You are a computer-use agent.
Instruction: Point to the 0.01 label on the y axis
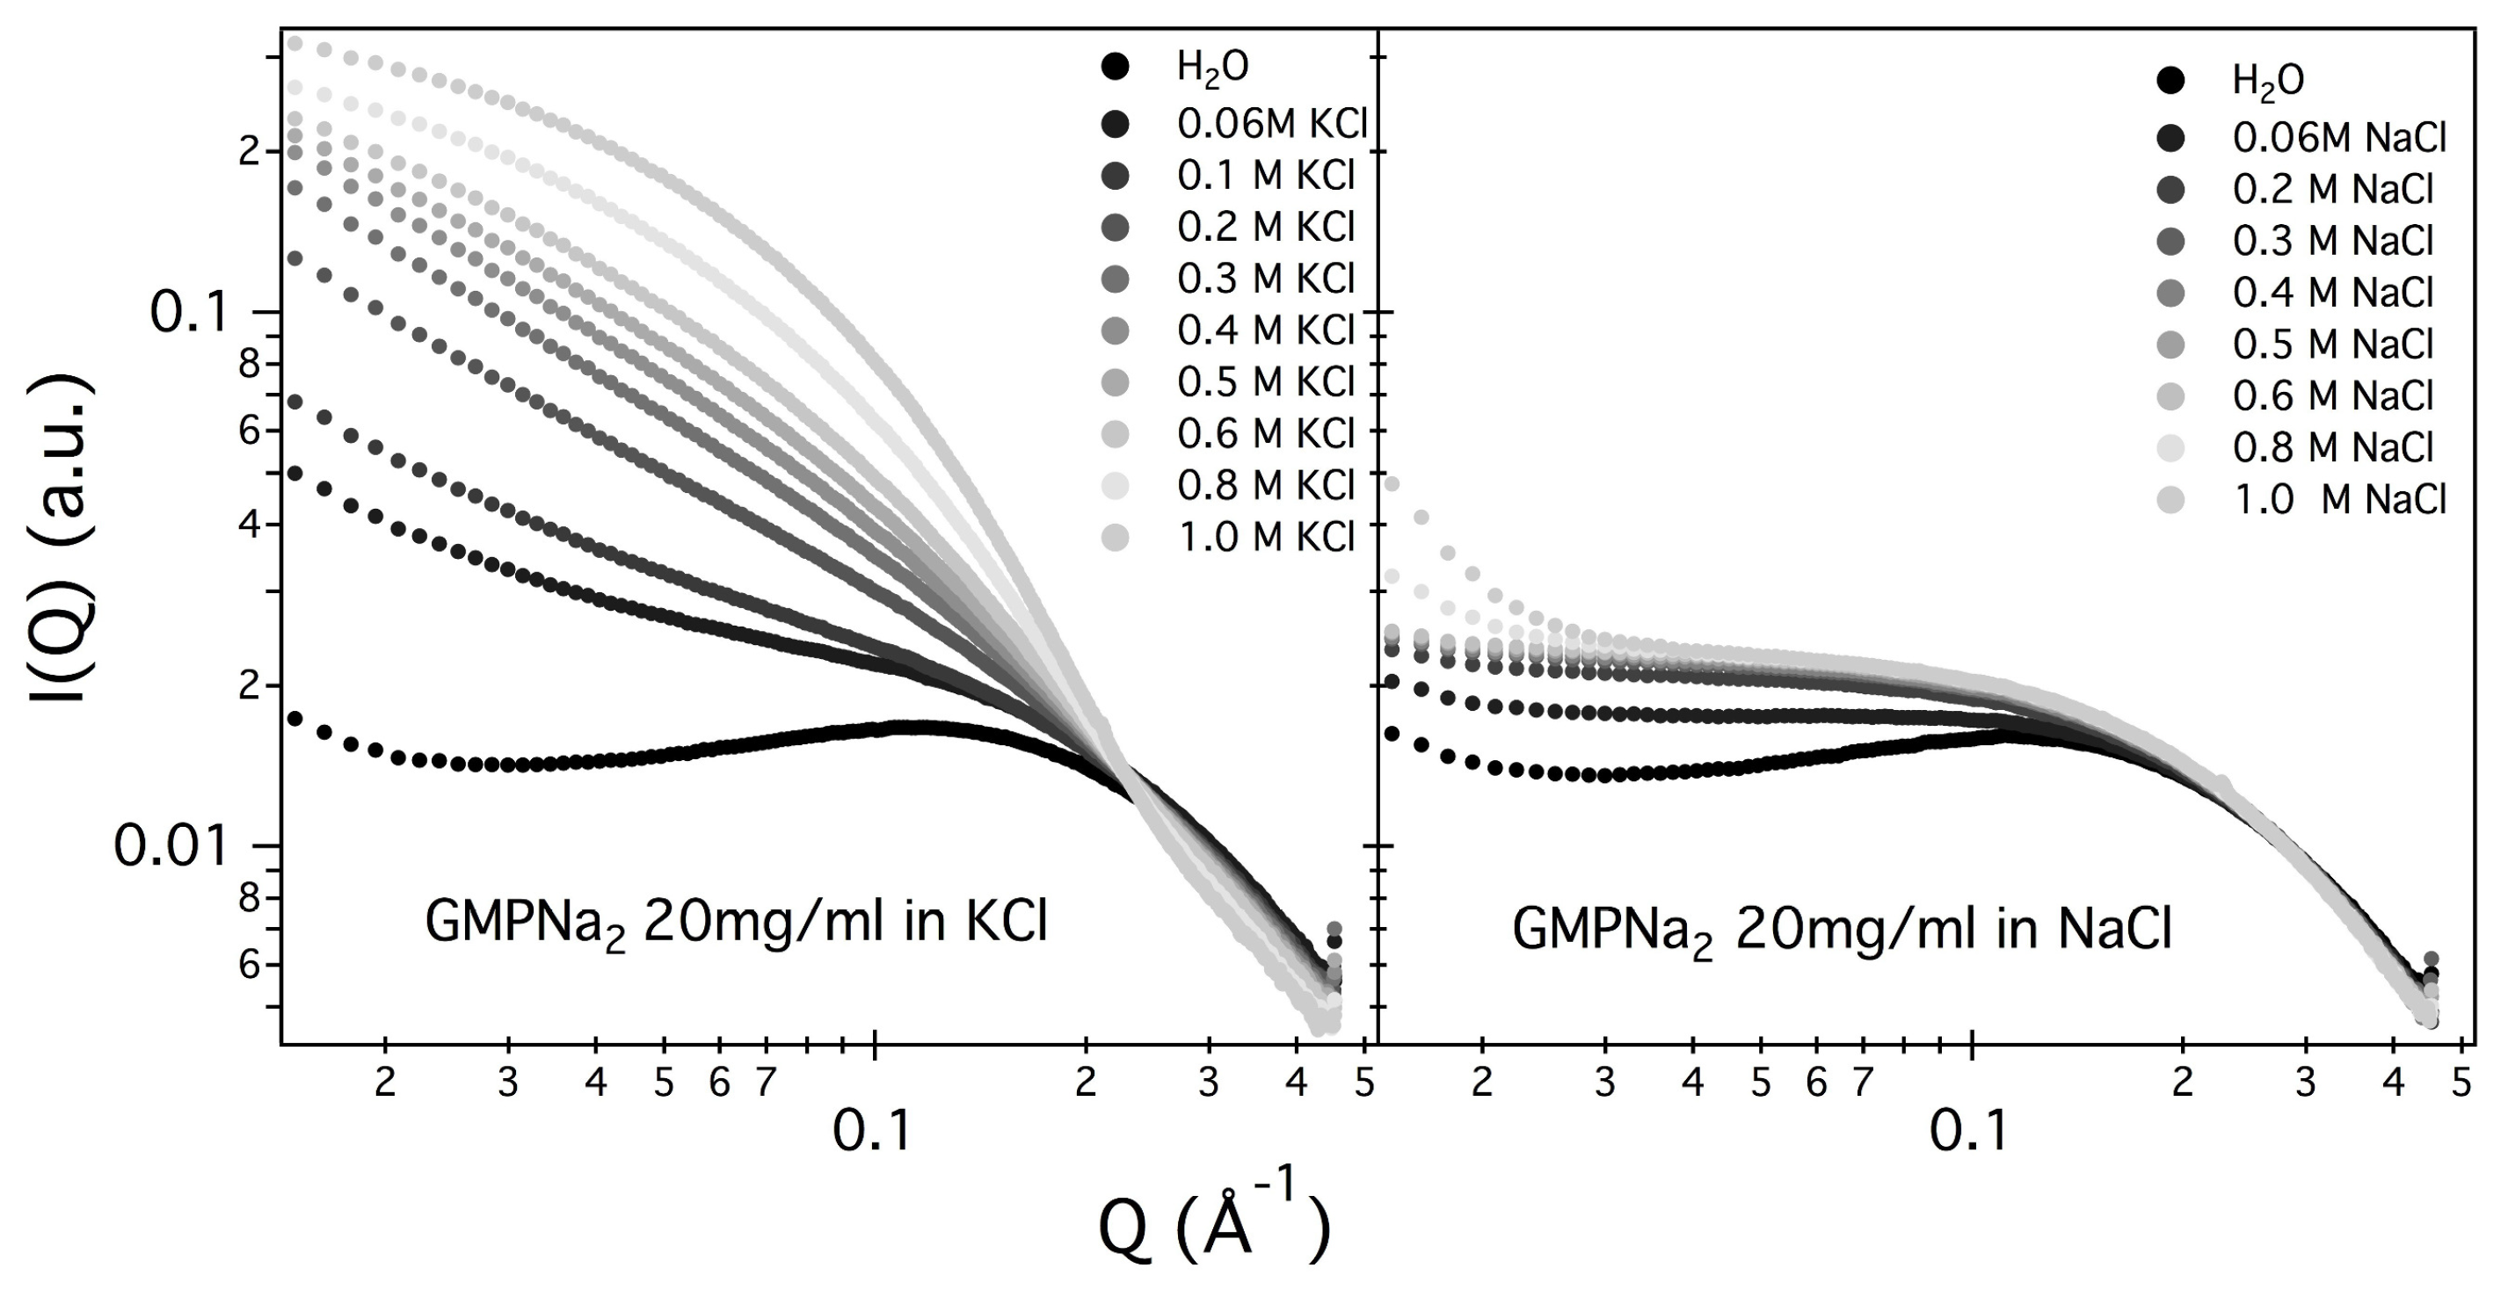coord(171,847)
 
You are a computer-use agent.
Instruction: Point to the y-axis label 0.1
coord(188,314)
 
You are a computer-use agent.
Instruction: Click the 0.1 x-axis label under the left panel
coord(872,1129)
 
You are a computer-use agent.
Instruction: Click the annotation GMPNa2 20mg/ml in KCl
coord(736,924)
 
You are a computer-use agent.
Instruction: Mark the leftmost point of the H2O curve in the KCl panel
coord(295,720)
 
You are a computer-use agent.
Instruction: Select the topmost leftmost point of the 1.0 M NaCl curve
coord(1392,483)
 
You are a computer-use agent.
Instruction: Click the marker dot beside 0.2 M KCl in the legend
coord(1116,228)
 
